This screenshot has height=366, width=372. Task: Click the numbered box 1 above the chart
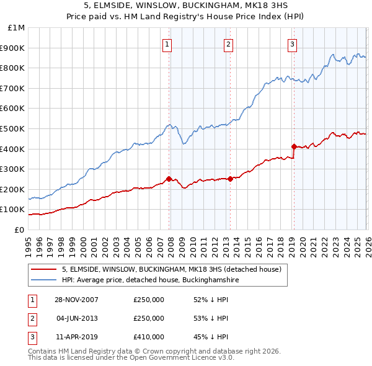pyautogui.click(x=168, y=43)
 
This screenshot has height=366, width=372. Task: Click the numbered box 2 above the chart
pyautogui.click(x=229, y=43)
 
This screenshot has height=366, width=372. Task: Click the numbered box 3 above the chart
pyautogui.click(x=292, y=43)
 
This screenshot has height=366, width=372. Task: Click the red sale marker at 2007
pyautogui.click(x=169, y=179)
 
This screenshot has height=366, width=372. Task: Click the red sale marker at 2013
pyautogui.click(x=230, y=179)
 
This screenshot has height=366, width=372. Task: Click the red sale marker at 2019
pyautogui.click(x=294, y=146)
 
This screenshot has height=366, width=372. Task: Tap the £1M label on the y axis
pyautogui.click(x=17, y=27)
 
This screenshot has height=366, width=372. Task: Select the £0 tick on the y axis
pyautogui.click(x=19, y=230)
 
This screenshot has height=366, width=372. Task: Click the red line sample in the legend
pyautogui.click(x=43, y=269)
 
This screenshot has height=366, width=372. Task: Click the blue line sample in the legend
pyautogui.click(x=43, y=280)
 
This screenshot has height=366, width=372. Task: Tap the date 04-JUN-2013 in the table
pyautogui.click(x=77, y=318)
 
